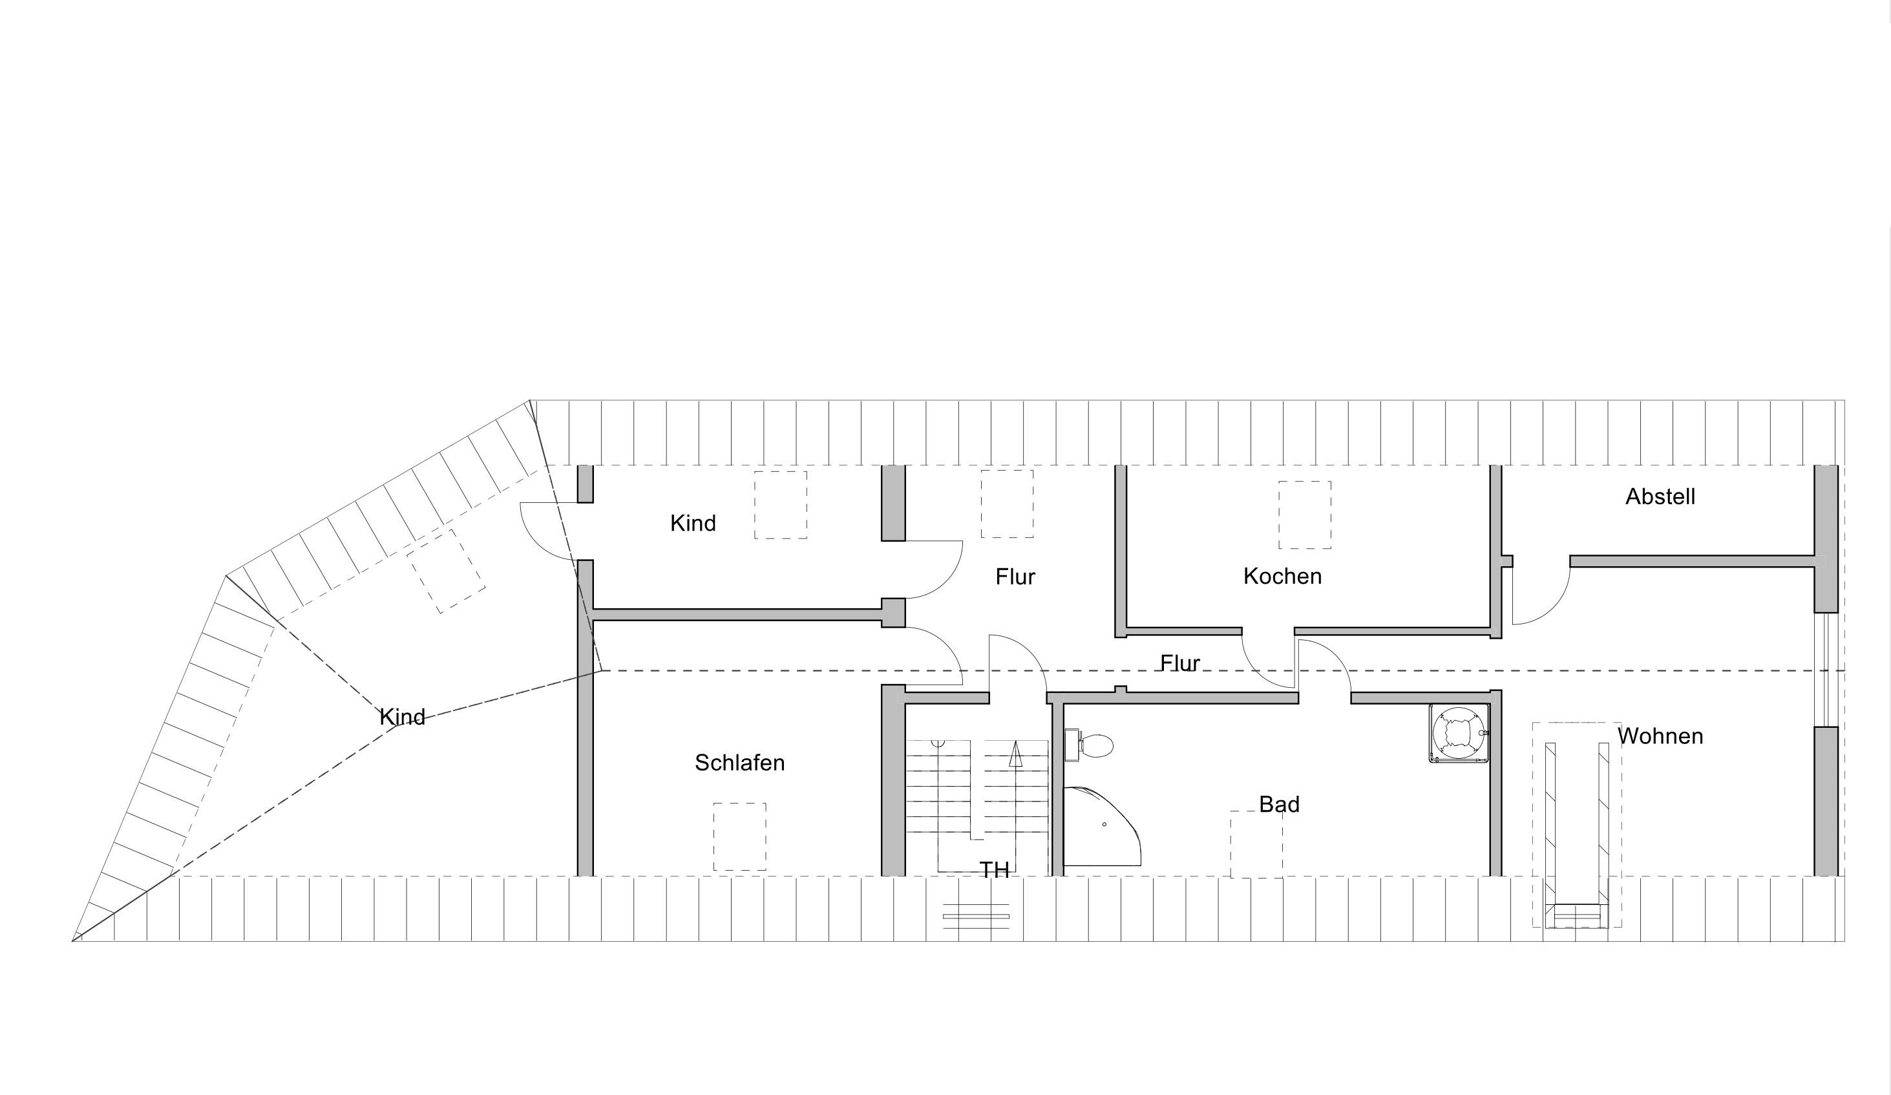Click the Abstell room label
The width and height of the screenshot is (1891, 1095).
pyautogui.click(x=1660, y=497)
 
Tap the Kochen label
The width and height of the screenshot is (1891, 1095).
pyautogui.click(x=1282, y=577)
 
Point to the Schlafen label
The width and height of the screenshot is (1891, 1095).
pyautogui.click(x=740, y=763)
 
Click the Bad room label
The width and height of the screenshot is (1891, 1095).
pyautogui.click(x=1280, y=805)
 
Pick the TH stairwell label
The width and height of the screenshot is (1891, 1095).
pyautogui.click(x=994, y=871)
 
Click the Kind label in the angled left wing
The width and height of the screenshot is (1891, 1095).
pyautogui.click(x=402, y=718)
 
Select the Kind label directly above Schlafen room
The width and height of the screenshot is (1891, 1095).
pyautogui.click(x=693, y=523)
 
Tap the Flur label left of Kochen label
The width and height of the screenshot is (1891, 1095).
pyautogui.click(x=1015, y=577)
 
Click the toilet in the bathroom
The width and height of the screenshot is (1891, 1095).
pyautogui.click(x=1090, y=745)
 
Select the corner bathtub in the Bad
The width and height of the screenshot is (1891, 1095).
pyautogui.click(x=1102, y=827)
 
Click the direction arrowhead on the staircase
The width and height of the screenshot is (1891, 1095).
pyautogui.click(x=1015, y=754)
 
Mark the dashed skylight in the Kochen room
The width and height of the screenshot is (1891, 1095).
pyautogui.click(x=1305, y=515)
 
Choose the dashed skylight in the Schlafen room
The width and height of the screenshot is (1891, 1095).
pyautogui.click(x=740, y=837)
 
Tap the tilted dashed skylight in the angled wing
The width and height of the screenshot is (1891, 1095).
pyautogui.click(x=446, y=571)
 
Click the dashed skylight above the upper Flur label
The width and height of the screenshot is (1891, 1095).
pyautogui.click(x=1007, y=504)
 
